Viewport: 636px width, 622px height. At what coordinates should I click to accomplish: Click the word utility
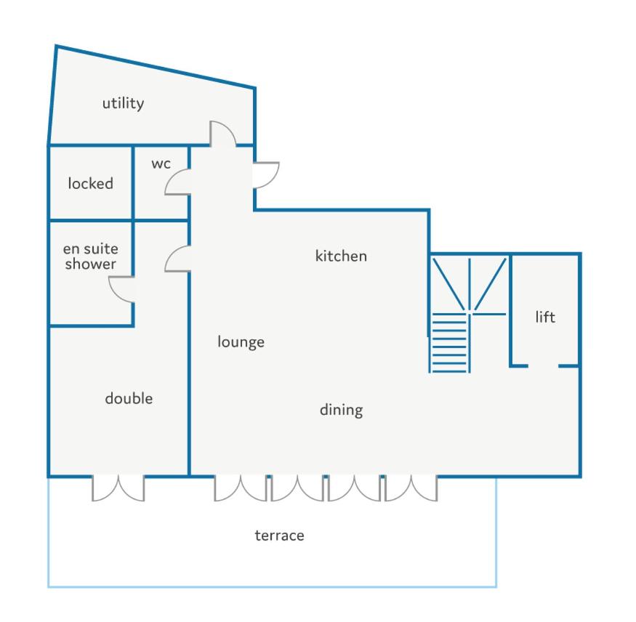click(123, 103)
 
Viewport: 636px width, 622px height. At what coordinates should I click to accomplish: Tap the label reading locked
click(90, 183)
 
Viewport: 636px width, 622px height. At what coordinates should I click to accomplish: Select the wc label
click(161, 163)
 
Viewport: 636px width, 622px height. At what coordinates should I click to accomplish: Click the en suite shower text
click(90, 257)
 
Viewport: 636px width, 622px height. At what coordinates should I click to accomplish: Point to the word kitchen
click(341, 256)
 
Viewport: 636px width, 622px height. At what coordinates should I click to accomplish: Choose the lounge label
click(241, 342)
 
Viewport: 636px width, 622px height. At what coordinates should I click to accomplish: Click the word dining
click(341, 410)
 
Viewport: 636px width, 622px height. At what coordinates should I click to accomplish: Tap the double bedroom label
click(129, 398)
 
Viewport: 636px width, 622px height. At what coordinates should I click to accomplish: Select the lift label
click(545, 317)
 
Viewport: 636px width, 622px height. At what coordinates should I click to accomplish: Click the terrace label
click(279, 536)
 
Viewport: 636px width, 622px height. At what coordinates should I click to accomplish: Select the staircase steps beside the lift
click(449, 343)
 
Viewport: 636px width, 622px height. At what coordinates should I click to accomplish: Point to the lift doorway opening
click(543, 366)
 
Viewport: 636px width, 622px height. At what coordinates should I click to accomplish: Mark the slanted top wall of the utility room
click(156, 67)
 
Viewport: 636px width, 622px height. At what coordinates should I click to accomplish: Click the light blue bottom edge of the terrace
click(272, 586)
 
